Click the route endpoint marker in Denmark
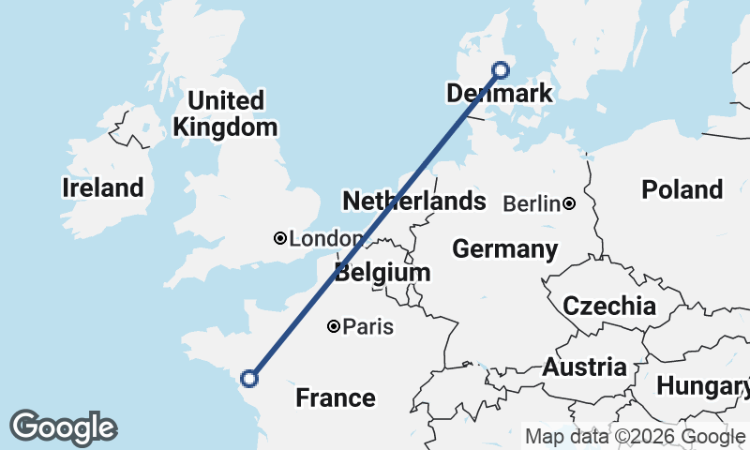[x=501, y=69]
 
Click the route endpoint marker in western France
[x=249, y=379]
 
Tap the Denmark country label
[x=499, y=94]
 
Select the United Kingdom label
[x=226, y=113]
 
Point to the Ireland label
[x=103, y=187]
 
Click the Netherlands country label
[x=414, y=201]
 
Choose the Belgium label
[x=382, y=273]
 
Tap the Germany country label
[x=505, y=249]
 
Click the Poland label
[x=682, y=189]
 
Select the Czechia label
[x=609, y=306]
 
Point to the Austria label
[x=584, y=367]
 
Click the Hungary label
[x=701, y=385]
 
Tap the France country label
[x=336, y=398]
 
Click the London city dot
[x=279, y=239]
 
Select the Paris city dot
[x=334, y=327]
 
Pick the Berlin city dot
[x=569, y=203]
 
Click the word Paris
[x=368, y=327]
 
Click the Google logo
[x=63, y=427]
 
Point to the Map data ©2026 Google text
[x=635, y=436]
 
